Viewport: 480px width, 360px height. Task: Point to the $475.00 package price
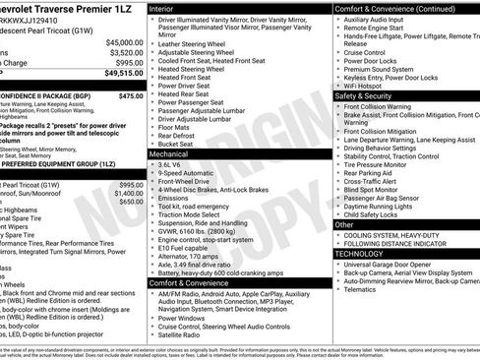tap(131, 96)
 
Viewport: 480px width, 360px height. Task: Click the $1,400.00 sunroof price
tap(128, 194)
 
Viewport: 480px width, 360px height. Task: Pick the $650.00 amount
tap(131, 203)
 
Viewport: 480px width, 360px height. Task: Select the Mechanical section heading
tap(173, 154)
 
